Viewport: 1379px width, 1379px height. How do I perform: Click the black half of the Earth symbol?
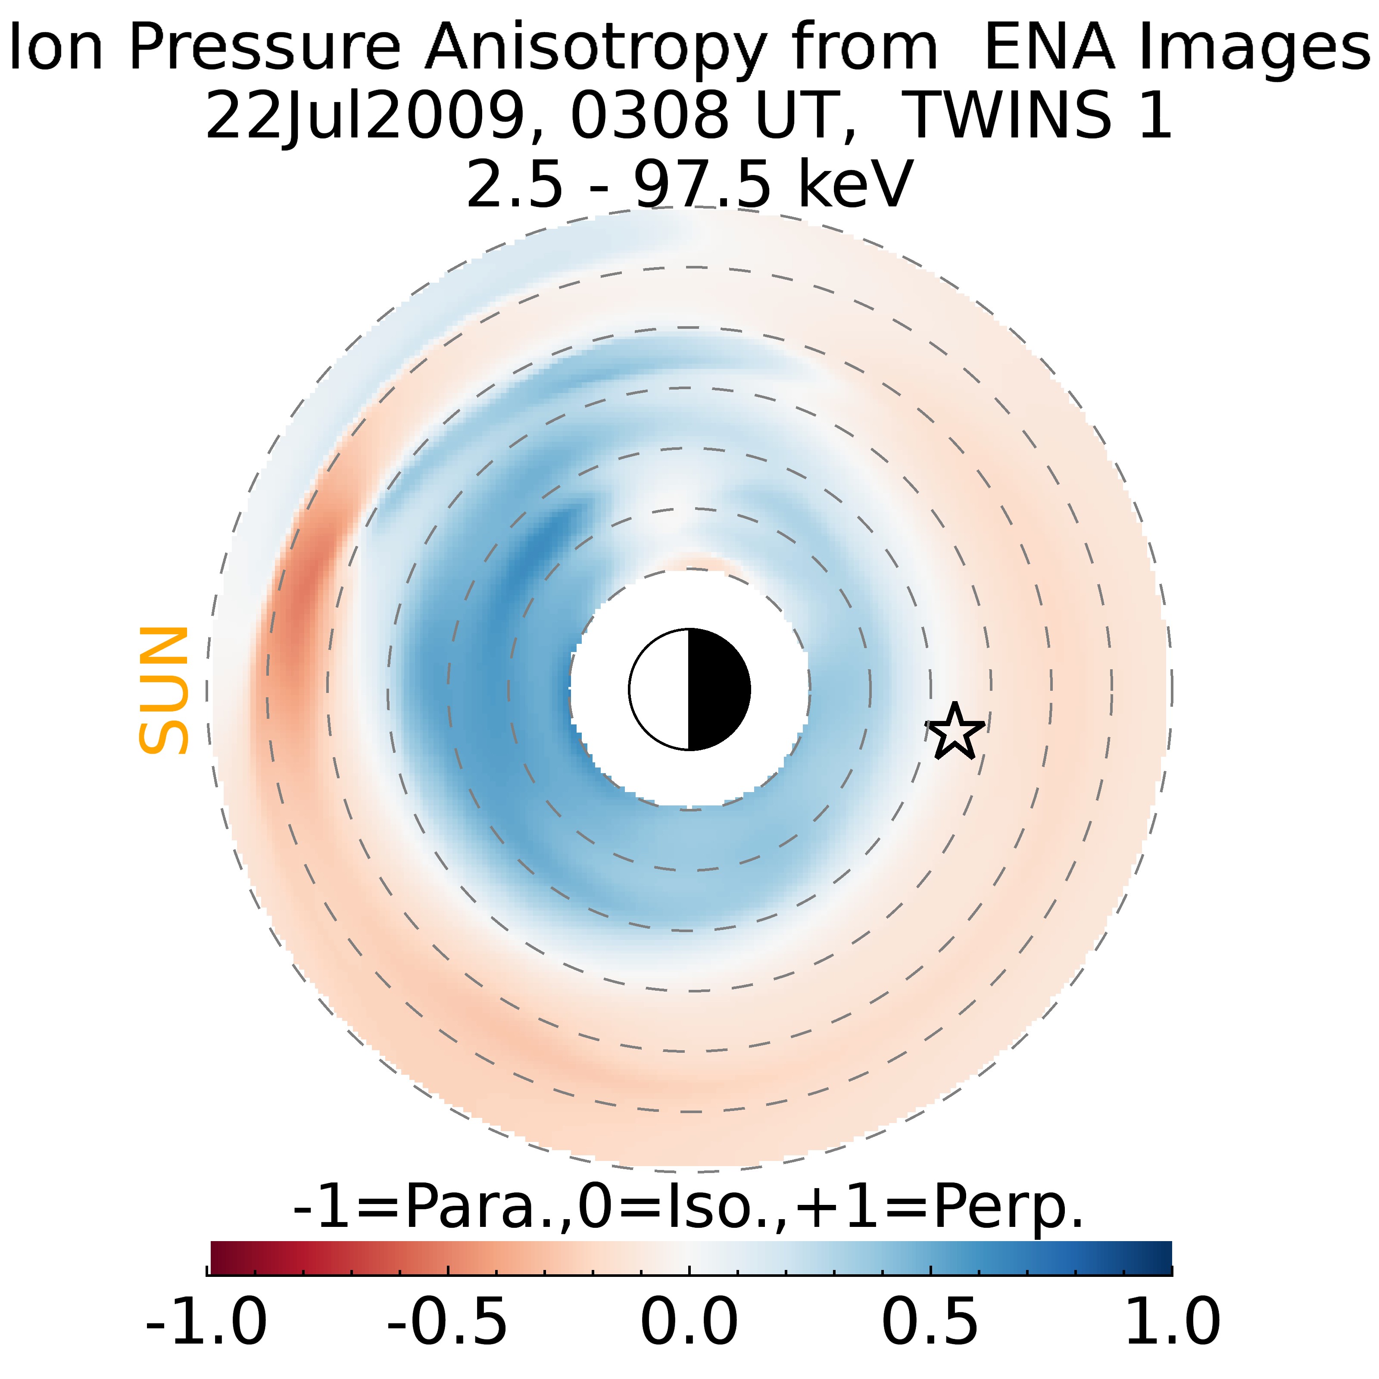[718, 689]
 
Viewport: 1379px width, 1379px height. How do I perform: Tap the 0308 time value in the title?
[649, 115]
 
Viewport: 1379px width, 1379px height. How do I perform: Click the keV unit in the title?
[855, 184]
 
